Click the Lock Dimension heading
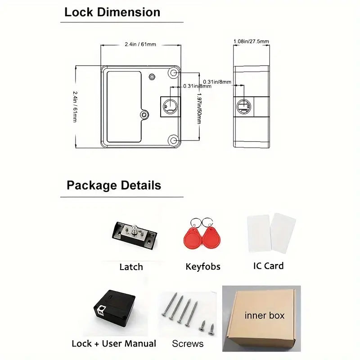click(112, 12)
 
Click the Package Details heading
click(113, 185)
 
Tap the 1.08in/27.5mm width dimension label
click(251, 41)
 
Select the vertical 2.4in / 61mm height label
click(75, 106)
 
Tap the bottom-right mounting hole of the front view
click(174, 141)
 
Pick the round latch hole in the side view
click(243, 106)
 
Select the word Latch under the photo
click(131, 267)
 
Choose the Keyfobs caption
click(203, 267)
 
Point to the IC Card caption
click(268, 266)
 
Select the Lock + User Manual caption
click(114, 344)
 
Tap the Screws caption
click(188, 344)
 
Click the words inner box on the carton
click(265, 315)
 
